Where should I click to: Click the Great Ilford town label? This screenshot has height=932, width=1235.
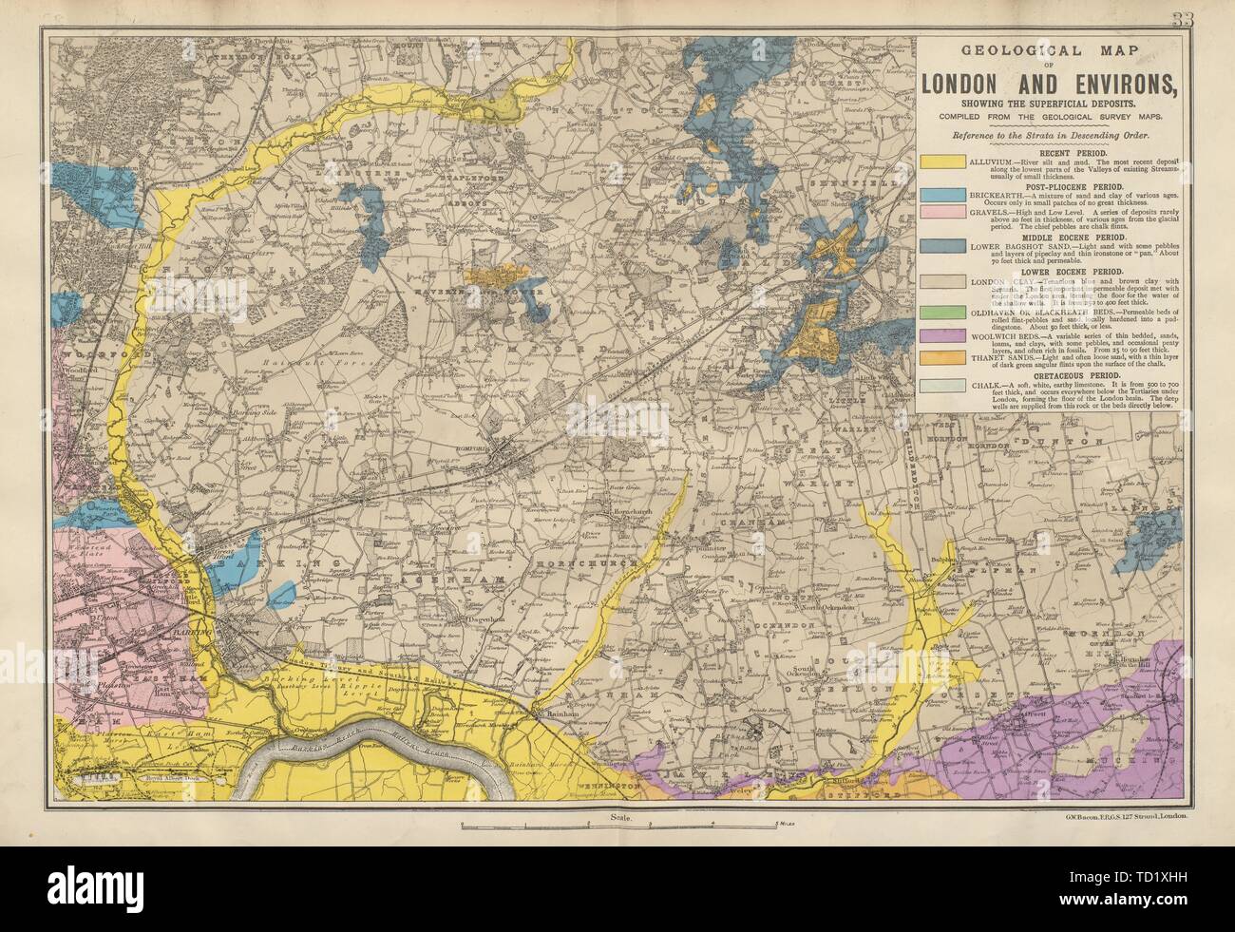[x=221, y=560]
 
